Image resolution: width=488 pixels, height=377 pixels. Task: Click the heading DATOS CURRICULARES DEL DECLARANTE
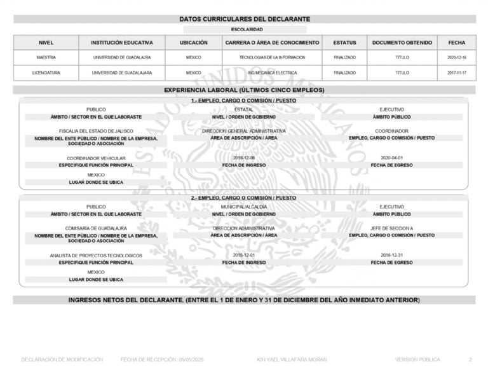coord(243,20)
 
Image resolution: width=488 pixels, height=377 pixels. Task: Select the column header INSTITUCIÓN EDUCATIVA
coord(121,43)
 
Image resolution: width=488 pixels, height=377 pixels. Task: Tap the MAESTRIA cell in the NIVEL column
coord(46,57)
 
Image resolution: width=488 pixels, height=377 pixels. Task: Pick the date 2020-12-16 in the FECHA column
coord(456,57)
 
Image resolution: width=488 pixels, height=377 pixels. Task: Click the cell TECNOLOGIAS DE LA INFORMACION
coord(272,57)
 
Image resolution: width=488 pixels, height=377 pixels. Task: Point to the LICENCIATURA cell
coord(46,73)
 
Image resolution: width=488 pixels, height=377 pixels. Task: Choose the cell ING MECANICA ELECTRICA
coord(272,73)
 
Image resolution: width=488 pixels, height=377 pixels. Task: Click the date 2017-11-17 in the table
coord(456,73)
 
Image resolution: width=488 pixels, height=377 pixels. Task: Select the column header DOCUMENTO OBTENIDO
coord(402,43)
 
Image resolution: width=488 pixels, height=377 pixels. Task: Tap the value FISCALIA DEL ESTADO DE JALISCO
coord(96,131)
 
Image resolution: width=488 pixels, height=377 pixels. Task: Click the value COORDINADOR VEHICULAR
coord(96,158)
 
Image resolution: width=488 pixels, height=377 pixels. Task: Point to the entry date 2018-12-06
coord(244,158)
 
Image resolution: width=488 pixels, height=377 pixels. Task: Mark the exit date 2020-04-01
coord(391,158)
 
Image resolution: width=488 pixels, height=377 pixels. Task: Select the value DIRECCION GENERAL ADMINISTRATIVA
coord(244,131)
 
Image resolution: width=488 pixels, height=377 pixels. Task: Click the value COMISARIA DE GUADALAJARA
coord(96,228)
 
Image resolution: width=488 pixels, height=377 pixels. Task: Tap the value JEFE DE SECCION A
coord(391,228)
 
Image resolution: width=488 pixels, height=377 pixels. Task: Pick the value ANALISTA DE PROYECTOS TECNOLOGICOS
coord(96,256)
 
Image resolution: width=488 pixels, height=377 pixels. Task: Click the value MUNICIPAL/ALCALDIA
coord(244,207)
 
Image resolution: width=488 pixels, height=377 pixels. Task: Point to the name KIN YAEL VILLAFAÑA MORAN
coord(292,360)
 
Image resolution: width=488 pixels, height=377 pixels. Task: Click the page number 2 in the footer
coord(470,360)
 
